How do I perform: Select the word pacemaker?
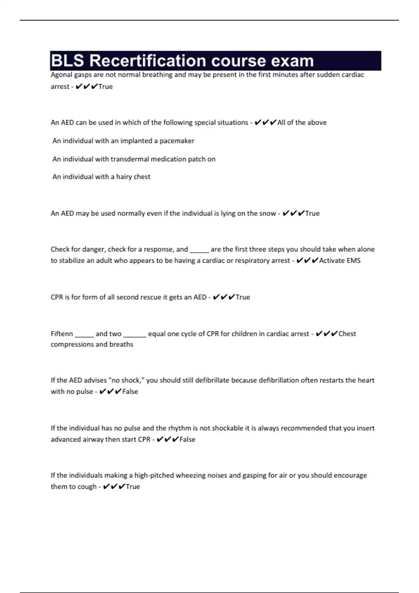pos(177,141)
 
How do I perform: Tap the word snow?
pos(267,213)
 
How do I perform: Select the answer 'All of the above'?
pos(302,122)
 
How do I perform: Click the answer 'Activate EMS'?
pos(340,261)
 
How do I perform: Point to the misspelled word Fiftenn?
pos(62,334)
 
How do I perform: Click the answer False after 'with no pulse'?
pos(130,392)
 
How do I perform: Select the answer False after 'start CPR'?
pos(187,440)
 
